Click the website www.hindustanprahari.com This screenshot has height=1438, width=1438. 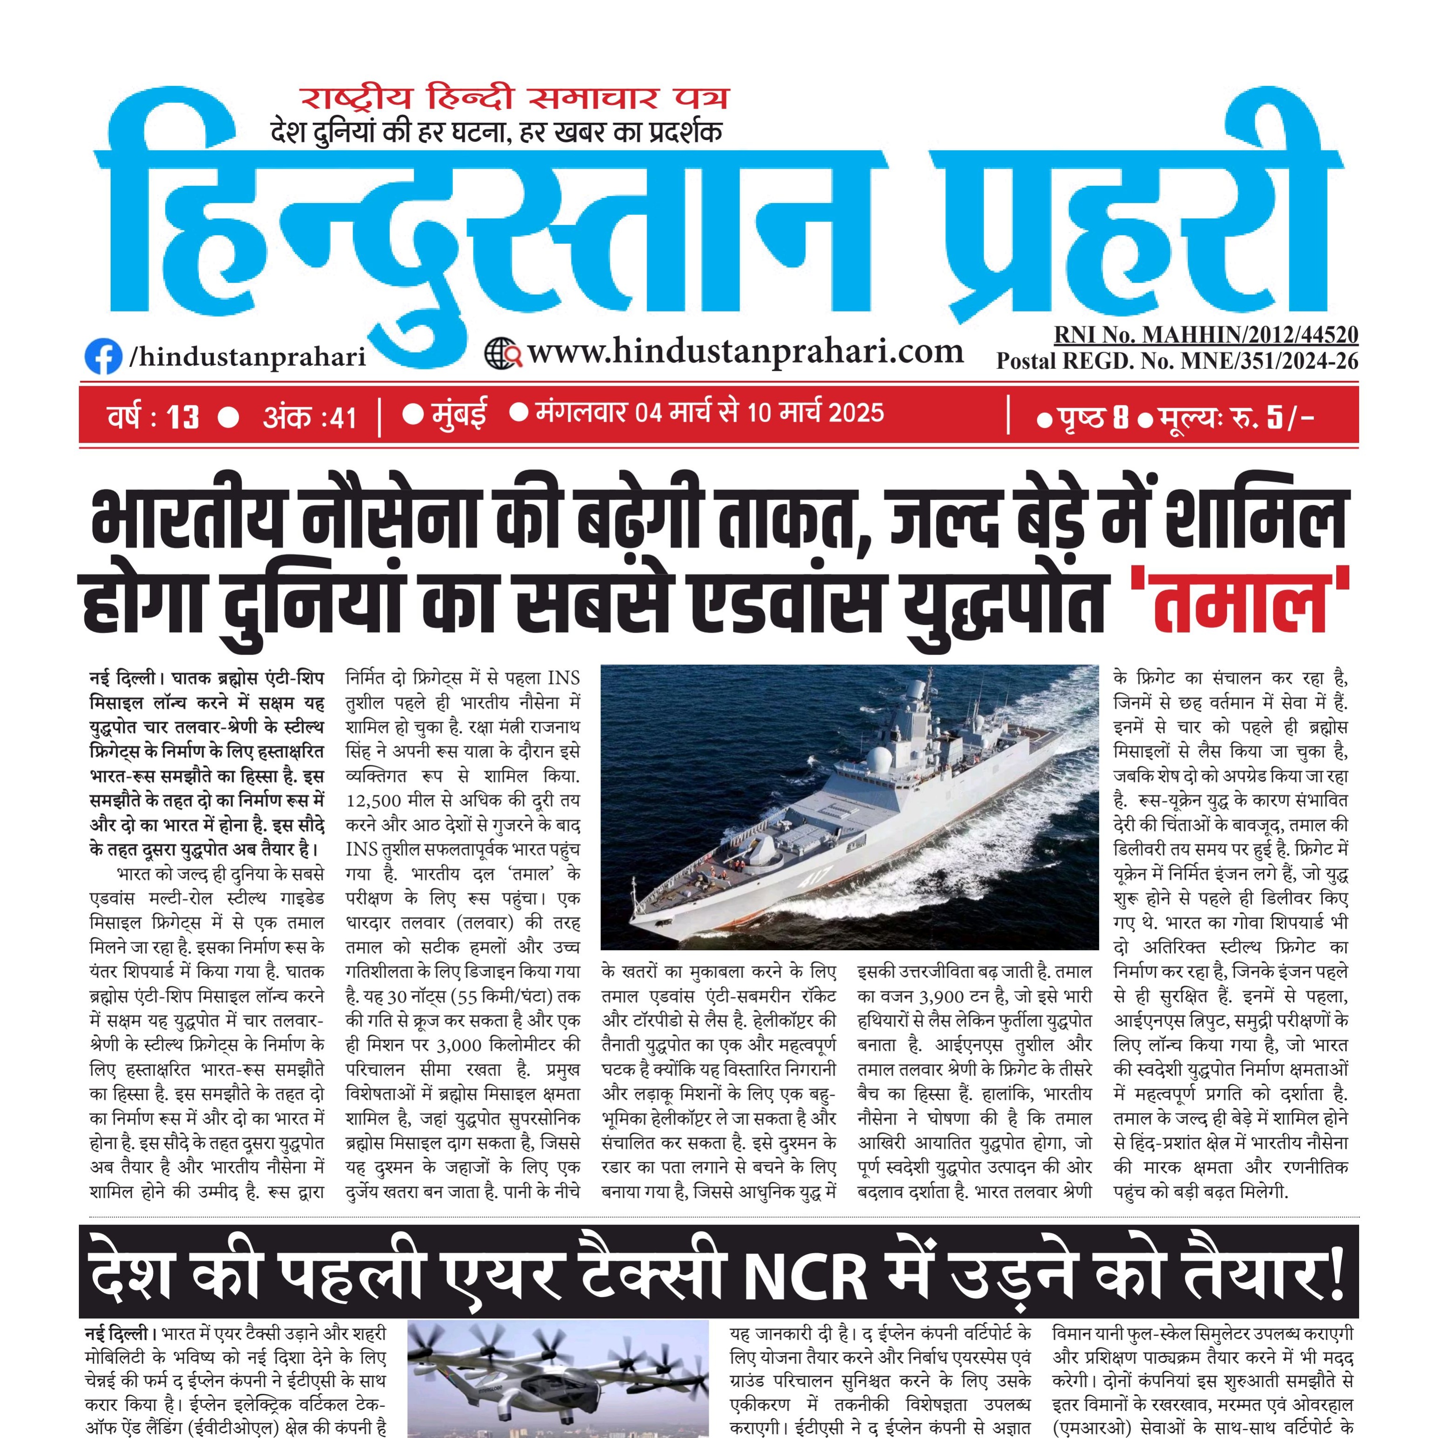(x=745, y=351)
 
